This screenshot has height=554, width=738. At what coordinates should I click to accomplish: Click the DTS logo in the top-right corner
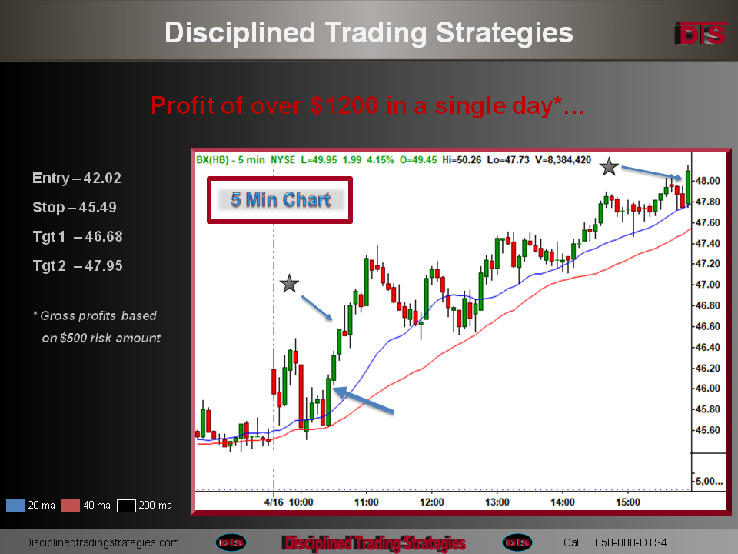click(x=701, y=33)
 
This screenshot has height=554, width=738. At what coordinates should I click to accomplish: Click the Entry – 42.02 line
click(x=77, y=178)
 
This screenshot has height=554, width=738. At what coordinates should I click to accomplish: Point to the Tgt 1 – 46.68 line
click(x=78, y=236)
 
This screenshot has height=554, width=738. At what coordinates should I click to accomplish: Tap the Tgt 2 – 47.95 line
click(x=78, y=265)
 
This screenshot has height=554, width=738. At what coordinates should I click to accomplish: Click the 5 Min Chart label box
click(x=280, y=200)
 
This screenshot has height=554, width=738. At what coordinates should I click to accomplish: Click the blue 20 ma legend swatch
click(x=15, y=506)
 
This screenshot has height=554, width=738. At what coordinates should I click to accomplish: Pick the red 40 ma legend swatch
click(x=71, y=506)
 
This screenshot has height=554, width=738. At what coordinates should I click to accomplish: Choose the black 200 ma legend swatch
click(x=126, y=506)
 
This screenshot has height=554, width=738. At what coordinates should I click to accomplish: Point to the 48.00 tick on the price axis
click(x=707, y=181)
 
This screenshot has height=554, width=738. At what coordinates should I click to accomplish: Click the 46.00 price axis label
click(x=707, y=389)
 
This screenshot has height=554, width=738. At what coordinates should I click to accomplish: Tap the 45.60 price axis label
click(x=707, y=430)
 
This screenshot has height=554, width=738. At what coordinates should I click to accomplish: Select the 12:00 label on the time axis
click(x=431, y=502)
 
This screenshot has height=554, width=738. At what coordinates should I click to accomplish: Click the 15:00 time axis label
click(x=628, y=502)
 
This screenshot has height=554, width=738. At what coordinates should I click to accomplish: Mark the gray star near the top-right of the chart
click(x=609, y=167)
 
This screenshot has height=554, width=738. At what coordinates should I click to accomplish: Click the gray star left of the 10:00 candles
click(x=289, y=284)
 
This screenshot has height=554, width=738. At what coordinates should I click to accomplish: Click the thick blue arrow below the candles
click(x=364, y=400)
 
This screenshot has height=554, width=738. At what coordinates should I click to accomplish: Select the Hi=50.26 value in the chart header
click(x=462, y=160)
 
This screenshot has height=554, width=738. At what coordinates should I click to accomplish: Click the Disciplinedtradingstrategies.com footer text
click(x=101, y=542)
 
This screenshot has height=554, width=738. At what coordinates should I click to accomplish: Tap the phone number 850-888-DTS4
click(x=630, y=542)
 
